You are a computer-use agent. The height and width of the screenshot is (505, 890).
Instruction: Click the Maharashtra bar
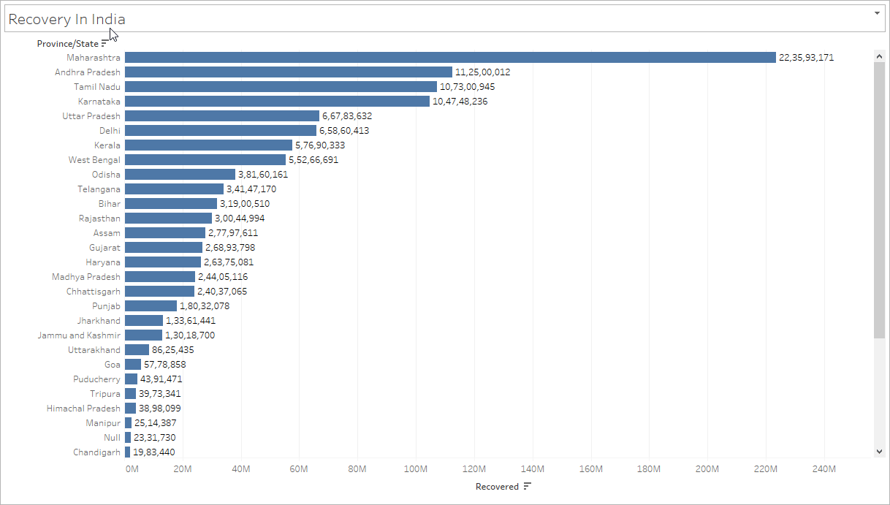point(450,57)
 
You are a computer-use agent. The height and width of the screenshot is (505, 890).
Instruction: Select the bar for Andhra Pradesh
point(289,72)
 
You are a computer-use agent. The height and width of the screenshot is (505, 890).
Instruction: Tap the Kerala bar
point(208,145)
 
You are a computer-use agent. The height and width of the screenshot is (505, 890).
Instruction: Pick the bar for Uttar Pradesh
point(222,115)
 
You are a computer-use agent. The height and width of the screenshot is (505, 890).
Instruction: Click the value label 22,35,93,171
point(806,57)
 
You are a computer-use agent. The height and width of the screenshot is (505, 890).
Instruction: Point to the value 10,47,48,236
point(460,101)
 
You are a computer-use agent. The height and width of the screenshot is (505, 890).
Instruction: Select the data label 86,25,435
point(172,349)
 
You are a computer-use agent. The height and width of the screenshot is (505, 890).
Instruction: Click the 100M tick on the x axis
point(415,468)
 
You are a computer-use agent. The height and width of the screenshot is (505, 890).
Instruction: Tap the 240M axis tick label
point(824,468)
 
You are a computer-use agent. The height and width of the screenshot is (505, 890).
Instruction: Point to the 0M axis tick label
point(132,468)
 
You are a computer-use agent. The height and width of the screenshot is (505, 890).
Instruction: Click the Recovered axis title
point(497,487)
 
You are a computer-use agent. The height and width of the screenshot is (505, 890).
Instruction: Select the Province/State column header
point(67,44)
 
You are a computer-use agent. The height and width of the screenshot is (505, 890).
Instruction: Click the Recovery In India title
point(66,20)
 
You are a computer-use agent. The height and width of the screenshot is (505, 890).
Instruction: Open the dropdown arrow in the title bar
point(877,14)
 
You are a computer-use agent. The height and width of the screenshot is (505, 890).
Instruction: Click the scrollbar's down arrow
point(879,452)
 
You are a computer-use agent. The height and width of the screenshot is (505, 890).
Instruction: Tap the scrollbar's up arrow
point(879,56)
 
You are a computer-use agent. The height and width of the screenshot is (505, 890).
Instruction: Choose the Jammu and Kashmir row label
point(79,335)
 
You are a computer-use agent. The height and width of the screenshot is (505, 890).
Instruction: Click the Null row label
point(111,437)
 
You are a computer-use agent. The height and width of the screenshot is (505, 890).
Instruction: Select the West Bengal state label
point(94,159)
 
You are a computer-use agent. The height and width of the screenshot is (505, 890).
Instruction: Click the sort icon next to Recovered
point(528,487)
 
